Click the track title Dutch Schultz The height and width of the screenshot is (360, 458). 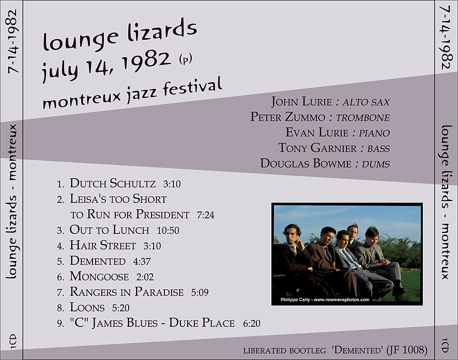click(113, 183)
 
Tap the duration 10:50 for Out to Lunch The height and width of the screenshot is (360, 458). click(168, 230)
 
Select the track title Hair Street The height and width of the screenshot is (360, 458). click(102, 245)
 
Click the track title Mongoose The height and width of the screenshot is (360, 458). click(99, 276)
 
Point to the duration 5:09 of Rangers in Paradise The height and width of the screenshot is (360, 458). click(200, 292)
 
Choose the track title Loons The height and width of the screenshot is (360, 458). click(87, 307)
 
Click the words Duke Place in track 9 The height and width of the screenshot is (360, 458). click(202, 323)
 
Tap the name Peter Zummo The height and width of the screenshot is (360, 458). click(288, 117)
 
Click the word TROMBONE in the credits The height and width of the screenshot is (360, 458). click(363, 118)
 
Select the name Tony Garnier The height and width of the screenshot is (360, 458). click(317, 148)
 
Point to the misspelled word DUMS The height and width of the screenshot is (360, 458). click(376, 164)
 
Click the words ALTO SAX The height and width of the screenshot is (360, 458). click(367, 102)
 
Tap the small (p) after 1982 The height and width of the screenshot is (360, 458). click(186, 59)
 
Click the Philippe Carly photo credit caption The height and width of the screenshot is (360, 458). click(325, 300)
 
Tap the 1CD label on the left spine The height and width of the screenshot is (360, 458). click(13, 341)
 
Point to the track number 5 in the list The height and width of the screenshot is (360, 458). click(60, 261)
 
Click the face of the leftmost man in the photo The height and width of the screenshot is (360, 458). click(291, 235)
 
